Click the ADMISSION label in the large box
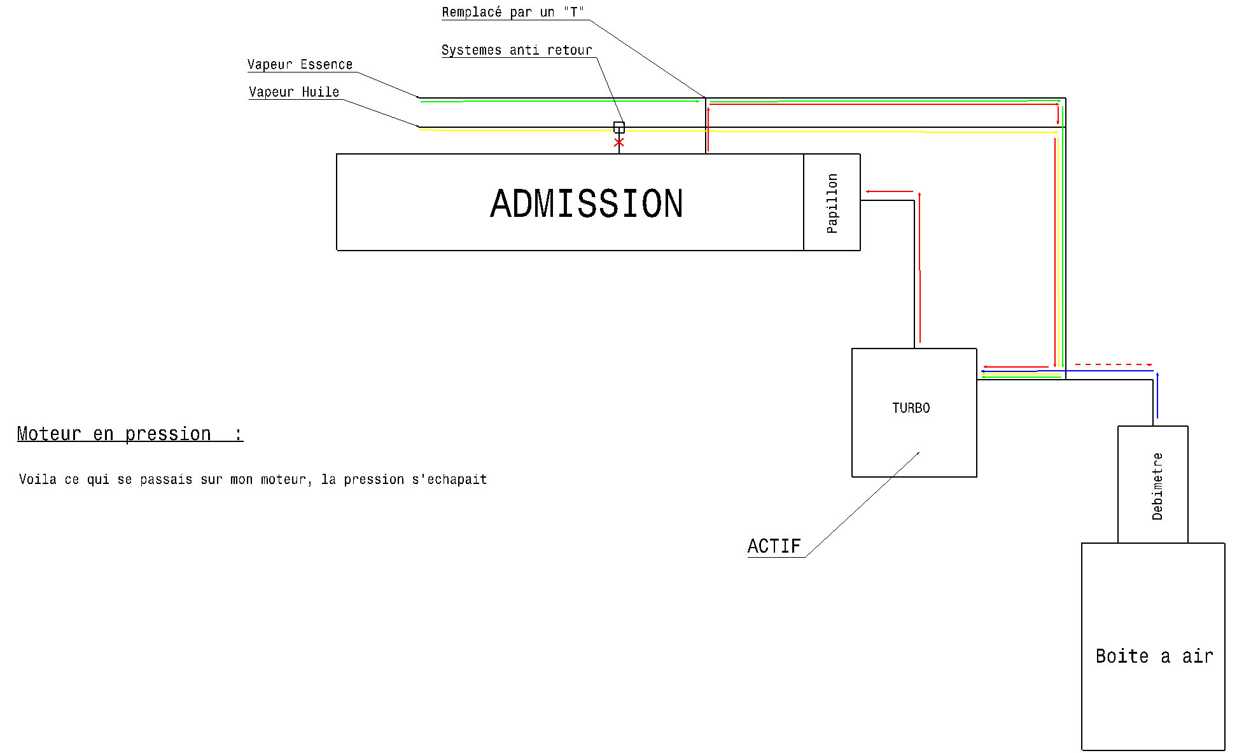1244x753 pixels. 587,204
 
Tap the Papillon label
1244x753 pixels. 832,204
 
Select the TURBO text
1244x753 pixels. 911,408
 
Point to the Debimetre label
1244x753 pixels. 1157,487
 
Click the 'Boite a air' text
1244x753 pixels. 1154,656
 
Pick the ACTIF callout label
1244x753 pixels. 774,546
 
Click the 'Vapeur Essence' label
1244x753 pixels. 300,65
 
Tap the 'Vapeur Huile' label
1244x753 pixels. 294,92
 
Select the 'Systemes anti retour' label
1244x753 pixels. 517,50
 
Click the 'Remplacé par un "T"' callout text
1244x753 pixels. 513,13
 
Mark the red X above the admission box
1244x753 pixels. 619,142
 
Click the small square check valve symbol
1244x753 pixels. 619,127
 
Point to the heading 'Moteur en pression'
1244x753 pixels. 115,434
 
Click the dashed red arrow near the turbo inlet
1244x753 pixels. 1114,364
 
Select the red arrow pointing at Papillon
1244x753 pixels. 889,191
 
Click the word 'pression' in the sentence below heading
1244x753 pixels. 374,480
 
